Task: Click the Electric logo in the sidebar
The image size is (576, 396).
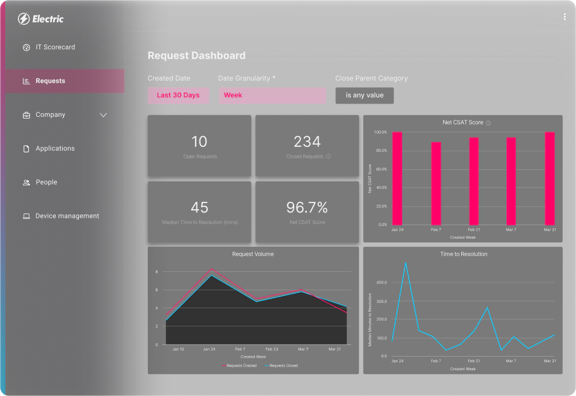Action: tap(41, 19)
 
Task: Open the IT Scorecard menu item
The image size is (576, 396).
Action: tap(55, 47)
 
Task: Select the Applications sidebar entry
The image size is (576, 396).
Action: tap(55, 148)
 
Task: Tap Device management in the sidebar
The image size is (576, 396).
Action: tap(67, 216)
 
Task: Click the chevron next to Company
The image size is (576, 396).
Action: tap(103, 115)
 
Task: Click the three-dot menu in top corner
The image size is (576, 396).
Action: tap(564, 17)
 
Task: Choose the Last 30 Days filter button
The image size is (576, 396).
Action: tap(178, 96)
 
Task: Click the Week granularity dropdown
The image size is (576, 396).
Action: tap(272, 96)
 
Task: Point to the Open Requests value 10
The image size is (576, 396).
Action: tap(200, 141)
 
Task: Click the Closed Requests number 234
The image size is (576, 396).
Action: tap(307, 141)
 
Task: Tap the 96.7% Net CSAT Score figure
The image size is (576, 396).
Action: tap(307, 207)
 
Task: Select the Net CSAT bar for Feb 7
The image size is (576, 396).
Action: tap(436, 183)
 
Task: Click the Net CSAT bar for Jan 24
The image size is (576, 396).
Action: tap(397, 178)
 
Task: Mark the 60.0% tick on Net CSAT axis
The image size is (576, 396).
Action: tap(380, 169)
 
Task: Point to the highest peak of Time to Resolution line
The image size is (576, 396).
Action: tap(405, 262)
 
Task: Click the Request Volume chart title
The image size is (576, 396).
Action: tap(253, 254)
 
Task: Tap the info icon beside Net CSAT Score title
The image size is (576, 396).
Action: tap(488, 123)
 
